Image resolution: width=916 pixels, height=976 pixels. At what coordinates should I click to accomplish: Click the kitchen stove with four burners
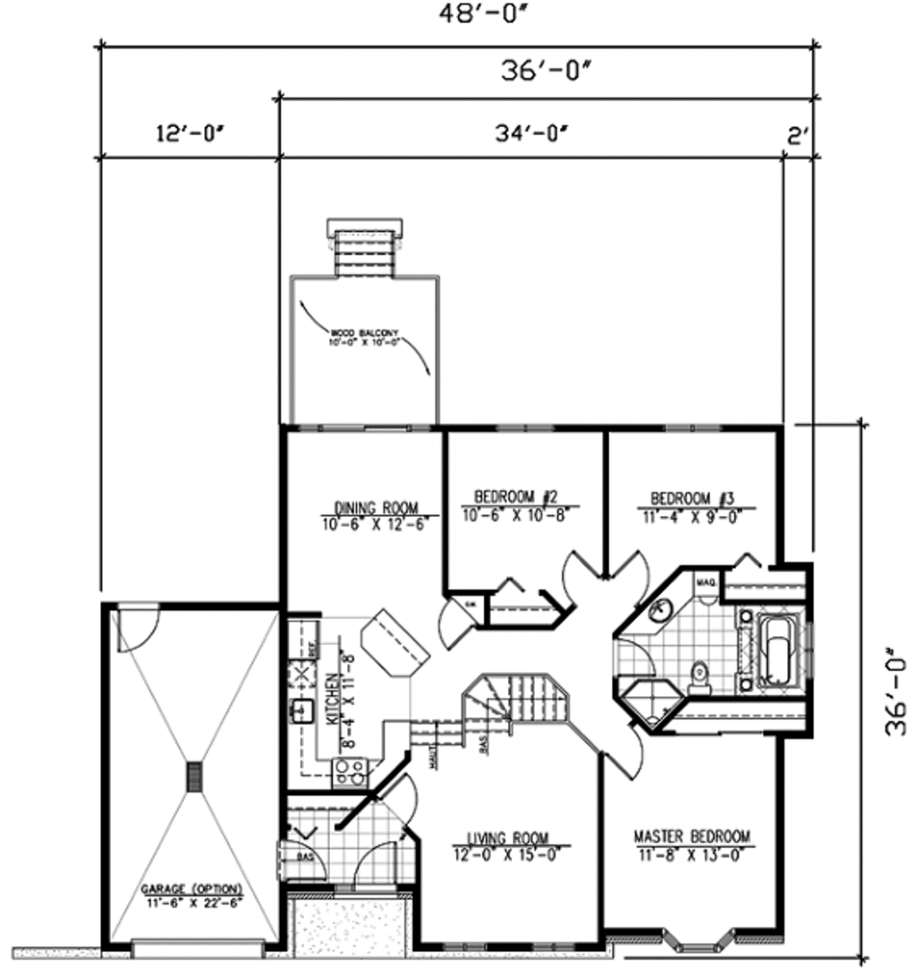click(351, 770)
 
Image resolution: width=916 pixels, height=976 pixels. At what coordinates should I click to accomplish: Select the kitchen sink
click(300, 711)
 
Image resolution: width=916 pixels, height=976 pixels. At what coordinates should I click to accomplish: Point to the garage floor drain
click(194, 777)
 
